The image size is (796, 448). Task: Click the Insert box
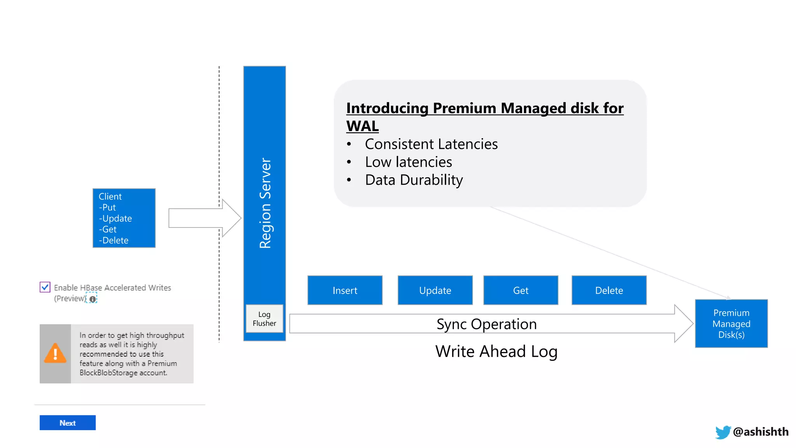pyautogui.click(x=345, y=290)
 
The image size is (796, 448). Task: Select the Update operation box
pyautogui.click(x=435, y=290)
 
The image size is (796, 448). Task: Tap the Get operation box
pyautogui.click(x=520, y=290)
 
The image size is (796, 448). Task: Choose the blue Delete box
pyautogui.click(x=609, y=290)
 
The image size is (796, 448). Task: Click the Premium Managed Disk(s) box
pyautogui.click(x=731, y=323)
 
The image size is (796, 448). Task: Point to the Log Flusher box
pyautogui.click(x=264, y=318)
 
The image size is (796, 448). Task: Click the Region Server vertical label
pyautogui.click(x=265, y=203)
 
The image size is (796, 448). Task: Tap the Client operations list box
pyautogui.click(x=124, y=218)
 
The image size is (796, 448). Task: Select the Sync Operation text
pyautogui.click(x=486, y=324)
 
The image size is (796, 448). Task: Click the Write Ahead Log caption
pyautogui.click(x=496, y=351)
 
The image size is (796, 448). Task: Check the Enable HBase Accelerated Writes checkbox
pyautogui.click(x=45, y=287)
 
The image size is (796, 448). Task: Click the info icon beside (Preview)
pyautogui.click(x=93, y=299)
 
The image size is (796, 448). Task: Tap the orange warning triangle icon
pyautogui.click(x=55, y=353)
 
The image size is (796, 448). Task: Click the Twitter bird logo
pyautogui.click(x=723, y=432)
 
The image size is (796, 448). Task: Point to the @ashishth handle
pyautogui.click(x=760, y=432)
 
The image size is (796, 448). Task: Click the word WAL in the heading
pyautogui.click(x=362, y=126)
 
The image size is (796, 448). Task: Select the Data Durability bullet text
pyautogui.click(x=414, y=180)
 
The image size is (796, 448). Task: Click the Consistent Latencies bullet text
pyautogui.click(x=431, y=144)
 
